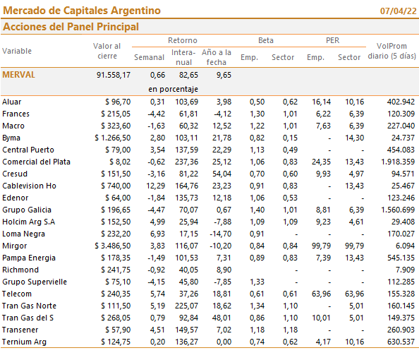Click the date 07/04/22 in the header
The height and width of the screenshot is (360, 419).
click(x=398, y=11)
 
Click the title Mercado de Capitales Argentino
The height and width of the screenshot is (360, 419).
click(x=82, y=11)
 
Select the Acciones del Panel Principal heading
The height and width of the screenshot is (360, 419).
click(x=71, y=27)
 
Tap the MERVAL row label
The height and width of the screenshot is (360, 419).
click(x=19, y=75)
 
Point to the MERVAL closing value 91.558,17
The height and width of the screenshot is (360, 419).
click(x=114, y=75)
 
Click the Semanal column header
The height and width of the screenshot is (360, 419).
click(x=149, y=57)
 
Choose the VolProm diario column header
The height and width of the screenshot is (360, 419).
click(x=391, y=51)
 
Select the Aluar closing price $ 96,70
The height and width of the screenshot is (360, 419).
click(x=118, y=102)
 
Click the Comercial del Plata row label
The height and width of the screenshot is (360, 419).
click(x=37, y=162)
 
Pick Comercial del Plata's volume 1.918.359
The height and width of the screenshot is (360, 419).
click(x=398, y=162)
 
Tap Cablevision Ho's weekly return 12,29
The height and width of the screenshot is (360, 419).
click(x=155, y=186)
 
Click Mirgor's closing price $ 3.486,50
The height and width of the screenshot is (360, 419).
click(x=113, y=246)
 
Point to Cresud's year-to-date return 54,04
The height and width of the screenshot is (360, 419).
click(x=221, y=174)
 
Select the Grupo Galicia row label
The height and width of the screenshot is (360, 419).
click(x=27, y=210)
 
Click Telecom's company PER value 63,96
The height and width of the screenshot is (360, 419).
click(x=321, y=294)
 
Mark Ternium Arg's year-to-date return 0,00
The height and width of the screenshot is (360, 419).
click(x=224, y=342)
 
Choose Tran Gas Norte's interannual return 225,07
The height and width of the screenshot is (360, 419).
click(x=186, y=306)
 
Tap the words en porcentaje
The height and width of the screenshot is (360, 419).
click(x=173, y=89)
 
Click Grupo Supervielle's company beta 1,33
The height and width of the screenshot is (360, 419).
click(x=257, y=282)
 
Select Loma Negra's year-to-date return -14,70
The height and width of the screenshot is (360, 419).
click(x=221, y=234)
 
